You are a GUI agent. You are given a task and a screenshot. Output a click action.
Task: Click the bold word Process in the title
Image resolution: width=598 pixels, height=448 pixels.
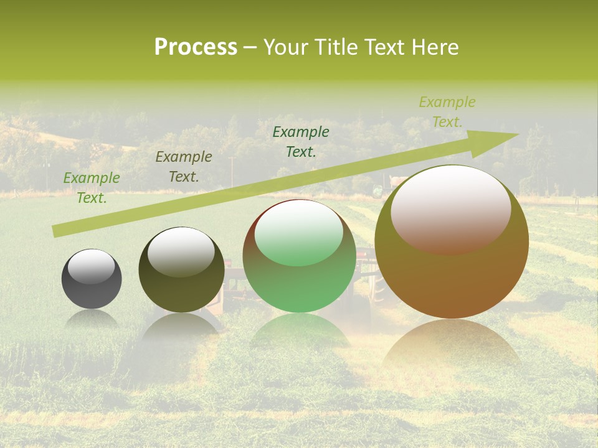point(196,47)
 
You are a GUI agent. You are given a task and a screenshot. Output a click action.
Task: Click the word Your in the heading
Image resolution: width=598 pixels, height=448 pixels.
point(285,47)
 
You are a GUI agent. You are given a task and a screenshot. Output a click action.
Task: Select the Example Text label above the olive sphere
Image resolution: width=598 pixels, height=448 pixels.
point(184,167)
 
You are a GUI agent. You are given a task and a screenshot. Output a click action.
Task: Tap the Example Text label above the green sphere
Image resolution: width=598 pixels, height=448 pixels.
point(301,142)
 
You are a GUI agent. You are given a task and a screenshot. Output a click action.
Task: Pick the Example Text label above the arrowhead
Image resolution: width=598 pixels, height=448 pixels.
point(447,112)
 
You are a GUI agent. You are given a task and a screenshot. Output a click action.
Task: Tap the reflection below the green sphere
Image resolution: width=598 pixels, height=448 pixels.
point(299,330)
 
